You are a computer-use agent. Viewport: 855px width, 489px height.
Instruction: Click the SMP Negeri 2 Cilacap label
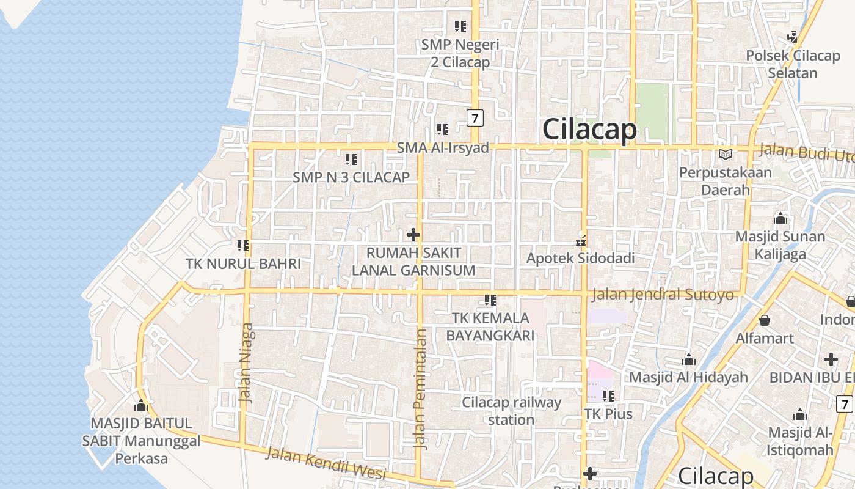click(x=460, y=53)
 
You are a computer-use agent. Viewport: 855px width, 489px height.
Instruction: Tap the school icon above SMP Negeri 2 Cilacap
click(x=460, y=26)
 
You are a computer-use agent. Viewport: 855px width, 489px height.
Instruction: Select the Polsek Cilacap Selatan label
click(x=793, y=64)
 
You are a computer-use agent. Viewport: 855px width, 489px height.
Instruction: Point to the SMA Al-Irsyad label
click(x=443, y=148)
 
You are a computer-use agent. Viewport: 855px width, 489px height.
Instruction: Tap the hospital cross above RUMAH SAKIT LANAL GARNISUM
click(x=413, y=234)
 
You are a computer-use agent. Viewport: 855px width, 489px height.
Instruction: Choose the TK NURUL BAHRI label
click(x=243, y=264)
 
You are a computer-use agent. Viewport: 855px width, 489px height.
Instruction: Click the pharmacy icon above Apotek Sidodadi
click(x=581, y=240)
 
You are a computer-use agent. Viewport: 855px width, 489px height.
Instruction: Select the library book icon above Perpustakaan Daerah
click(x=725, y=155)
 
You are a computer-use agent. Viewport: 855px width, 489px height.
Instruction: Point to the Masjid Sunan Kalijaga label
click(x=780, y=245)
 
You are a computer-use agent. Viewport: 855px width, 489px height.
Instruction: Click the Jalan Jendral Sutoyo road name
click(x=663, y=295)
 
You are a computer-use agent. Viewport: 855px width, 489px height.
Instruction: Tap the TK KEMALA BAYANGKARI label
click(x=490, y=326)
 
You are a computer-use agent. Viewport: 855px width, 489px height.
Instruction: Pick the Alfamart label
click(x=765, y=338)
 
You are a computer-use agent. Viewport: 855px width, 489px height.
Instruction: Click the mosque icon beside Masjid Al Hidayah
click(x=689, y=359)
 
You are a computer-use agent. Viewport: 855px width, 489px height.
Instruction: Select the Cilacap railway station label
click(x=511, y=411)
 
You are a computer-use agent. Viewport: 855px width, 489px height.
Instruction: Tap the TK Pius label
click(x=608, y=414)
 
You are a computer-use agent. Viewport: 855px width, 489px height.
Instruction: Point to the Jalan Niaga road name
click(x=246, y=362)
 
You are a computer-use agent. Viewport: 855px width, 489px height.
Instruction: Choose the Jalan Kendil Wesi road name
click(x=327, y=463)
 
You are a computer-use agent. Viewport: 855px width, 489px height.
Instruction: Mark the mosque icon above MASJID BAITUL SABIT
click(x=141, y=405)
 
